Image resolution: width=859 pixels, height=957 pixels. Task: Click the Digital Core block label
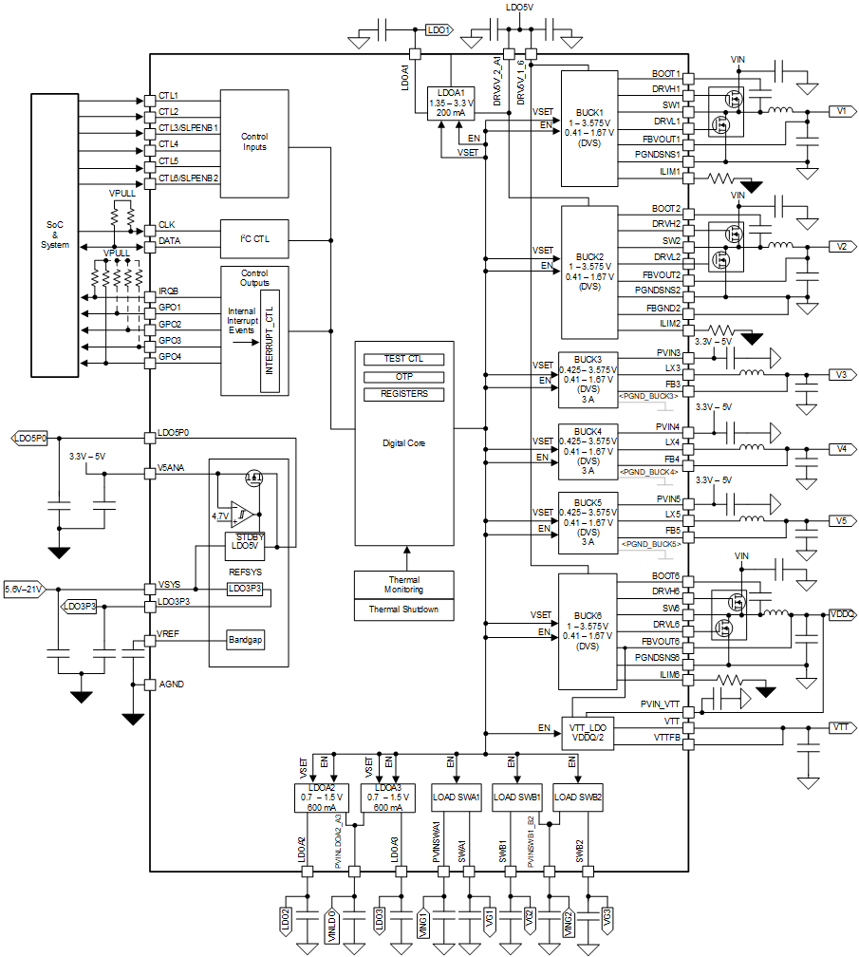(x=403, y=443)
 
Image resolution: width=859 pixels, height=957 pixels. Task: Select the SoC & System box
(x=55, y=234)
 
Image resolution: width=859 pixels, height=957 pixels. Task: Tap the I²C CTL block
(x=253, y=239)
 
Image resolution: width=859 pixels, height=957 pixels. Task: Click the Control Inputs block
(x=253, y=142)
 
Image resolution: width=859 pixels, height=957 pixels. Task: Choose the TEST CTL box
(x=403, y=359)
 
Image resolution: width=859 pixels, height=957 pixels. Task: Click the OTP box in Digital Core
(x=403, y=377)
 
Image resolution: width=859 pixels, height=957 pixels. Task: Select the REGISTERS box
(x=403, y=394)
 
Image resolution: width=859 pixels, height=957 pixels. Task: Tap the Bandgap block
(x=245, y=640)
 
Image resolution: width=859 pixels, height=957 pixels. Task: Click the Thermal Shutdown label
(x=403, y=610)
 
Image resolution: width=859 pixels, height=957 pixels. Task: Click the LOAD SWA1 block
(x=457, y=797)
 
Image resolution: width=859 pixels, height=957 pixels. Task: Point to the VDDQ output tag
(x=842, y=614)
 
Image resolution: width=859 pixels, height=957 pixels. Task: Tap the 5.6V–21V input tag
(x=25, y=589)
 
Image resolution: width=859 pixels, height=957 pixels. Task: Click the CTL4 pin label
(x=169, y=144)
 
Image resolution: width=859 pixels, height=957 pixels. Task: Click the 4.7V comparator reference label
(x=219, y=516)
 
